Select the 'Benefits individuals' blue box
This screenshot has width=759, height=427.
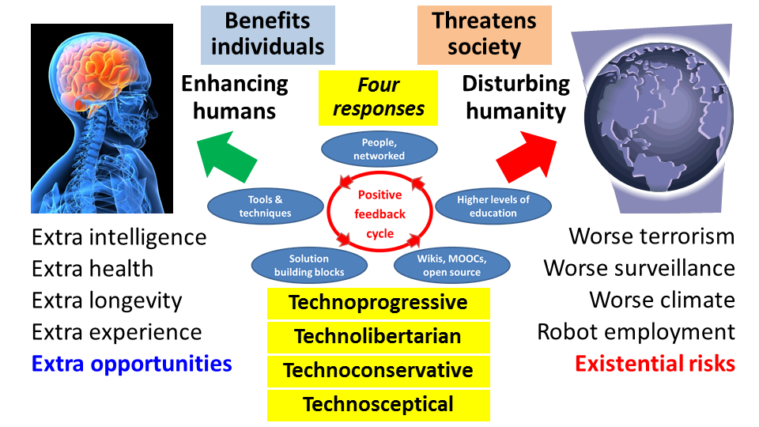click(x=268, y=34)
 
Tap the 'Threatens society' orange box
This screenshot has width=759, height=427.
click(x=484, y=34)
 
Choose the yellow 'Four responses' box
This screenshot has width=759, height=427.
click(x=378, y=97)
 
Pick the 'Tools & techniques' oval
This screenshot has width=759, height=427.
click(x=265, y=206)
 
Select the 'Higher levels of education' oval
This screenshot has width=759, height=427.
click(x=493, y=206)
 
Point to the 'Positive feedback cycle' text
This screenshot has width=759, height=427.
click(x=379, y=214)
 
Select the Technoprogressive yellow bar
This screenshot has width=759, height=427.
click(x=378, y=303)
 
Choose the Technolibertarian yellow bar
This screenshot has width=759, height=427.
click(x=378, y=337)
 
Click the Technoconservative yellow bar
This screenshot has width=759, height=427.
click(x=378, y=371)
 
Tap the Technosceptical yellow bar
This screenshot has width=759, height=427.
click(x=378, y=405)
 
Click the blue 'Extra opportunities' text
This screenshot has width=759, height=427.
click(x=131, y=364)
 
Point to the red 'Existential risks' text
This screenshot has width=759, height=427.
click(x=655, y=364)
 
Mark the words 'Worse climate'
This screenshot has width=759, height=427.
click(x=662, y=300)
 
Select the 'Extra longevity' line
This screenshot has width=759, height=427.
click(x=107, y=300)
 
